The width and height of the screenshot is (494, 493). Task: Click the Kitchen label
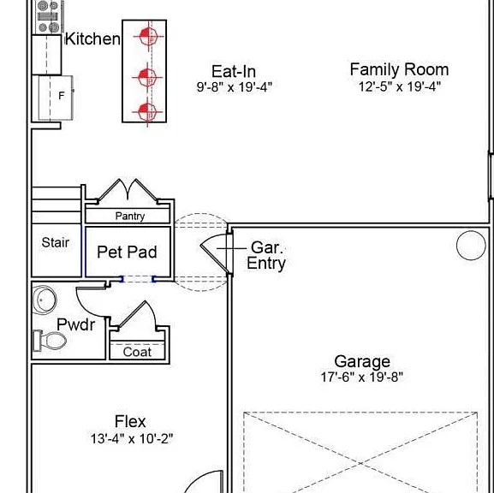(x=92, y=39)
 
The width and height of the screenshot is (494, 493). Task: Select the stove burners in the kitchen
(x=49, y=15)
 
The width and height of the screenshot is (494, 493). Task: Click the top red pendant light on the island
(x=146, y=37)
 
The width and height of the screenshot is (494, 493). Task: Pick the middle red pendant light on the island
(x=146, y=76)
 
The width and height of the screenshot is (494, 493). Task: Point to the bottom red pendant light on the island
(x=146, y=111)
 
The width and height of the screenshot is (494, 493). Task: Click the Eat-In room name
(x=234, y=71)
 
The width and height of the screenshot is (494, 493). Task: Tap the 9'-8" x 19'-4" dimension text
(x=234, y=86)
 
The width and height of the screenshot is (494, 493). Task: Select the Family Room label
(x=399, y=69)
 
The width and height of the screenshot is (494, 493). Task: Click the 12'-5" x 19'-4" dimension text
(x=399, y=86)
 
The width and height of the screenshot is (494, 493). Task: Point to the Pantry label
(x=129, y=217)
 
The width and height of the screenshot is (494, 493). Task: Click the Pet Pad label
(x=127, y=252)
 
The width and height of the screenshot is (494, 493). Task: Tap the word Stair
(x=56, y=243)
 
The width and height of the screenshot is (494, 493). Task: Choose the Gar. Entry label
(x=266, y=255)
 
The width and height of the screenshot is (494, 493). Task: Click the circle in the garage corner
(x=470, y=246)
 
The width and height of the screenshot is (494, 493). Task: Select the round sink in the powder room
(x=45, y=300)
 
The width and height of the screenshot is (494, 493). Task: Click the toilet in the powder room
(x=51, y=342)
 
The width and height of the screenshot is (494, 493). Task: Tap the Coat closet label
(x=137, y=352)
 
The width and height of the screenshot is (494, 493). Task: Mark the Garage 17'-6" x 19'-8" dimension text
(x=362, y=377)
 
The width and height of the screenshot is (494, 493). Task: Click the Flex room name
(x=130, y=421)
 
